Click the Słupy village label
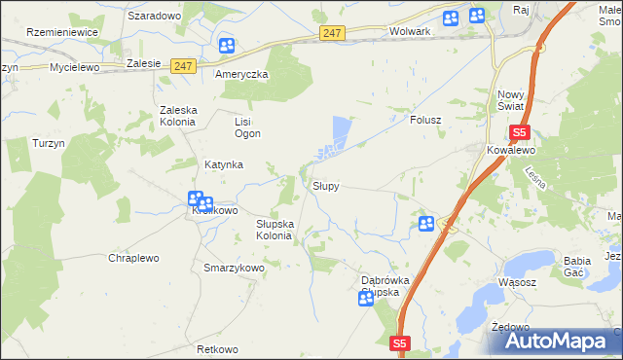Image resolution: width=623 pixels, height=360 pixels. pyautogui.click(x=325, y=186)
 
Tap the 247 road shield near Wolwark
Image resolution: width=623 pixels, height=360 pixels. pyautogui.click(x=332, y=33)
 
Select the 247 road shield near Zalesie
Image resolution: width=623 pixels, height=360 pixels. pyautogui.click(x=182, y=66)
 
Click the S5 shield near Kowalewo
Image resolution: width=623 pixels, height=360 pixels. pyautogui.click(x=519, y=132)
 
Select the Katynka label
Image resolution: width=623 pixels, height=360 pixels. pyautogui.click(x=223, y=165)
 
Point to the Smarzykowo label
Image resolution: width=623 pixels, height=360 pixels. pyautogui.click(x=234, y=268)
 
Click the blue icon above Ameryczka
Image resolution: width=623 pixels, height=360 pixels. pyautogui.click(x=226, y=46)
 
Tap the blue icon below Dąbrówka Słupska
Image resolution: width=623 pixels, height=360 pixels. pyautogui.click(x=366, y=300)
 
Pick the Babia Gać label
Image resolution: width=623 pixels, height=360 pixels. pyautogui.click(x=578, y=267)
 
